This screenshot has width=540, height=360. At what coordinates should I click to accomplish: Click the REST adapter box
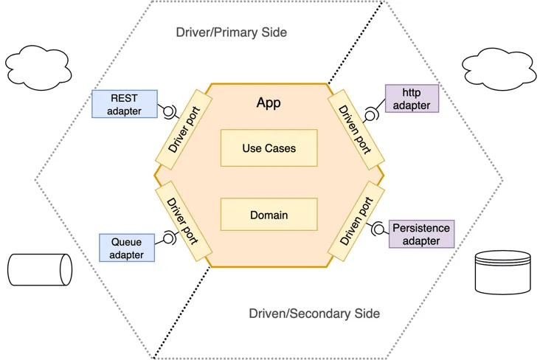pos(124,104)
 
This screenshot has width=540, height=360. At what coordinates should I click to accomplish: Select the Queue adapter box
pos(127,247)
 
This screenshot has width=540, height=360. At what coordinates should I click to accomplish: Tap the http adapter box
pos(412,98)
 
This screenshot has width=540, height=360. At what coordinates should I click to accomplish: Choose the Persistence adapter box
pos(421,234)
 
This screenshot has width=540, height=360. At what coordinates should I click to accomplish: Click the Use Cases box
pos(269,148)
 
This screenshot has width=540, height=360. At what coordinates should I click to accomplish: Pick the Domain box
pos(269,215)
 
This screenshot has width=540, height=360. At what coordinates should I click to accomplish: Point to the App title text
pos(269,103)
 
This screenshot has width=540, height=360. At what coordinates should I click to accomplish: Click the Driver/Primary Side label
pos(231,32)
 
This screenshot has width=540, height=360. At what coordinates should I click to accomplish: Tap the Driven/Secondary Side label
pos(314,314)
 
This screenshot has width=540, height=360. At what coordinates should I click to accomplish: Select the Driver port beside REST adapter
pos(184,127)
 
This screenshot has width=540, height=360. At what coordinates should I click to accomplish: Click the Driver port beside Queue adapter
pos(184,219)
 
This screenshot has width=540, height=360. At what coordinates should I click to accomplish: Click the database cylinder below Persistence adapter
pos(503,271)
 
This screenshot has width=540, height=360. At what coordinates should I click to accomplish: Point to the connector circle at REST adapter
pos(169,112)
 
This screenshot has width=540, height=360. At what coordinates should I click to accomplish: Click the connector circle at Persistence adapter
pos(379,229)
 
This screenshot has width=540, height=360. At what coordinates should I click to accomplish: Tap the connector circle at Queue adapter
pos(169,238)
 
